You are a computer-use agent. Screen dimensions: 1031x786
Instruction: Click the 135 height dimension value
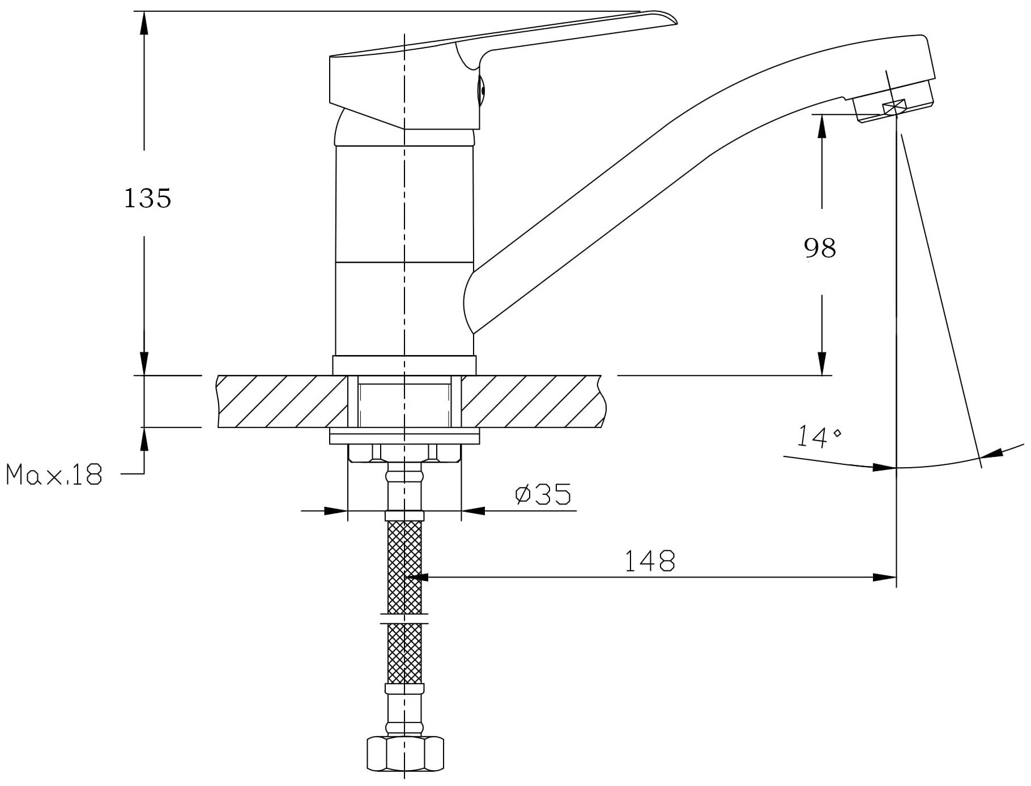coord(147,198)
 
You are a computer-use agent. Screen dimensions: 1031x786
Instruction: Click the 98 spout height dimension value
coord(820,247)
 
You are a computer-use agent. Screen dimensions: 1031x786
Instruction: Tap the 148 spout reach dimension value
coord(650,561)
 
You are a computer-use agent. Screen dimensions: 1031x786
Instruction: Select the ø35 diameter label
coord(543,494)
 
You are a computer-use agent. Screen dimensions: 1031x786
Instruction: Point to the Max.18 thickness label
coord(54,474)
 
